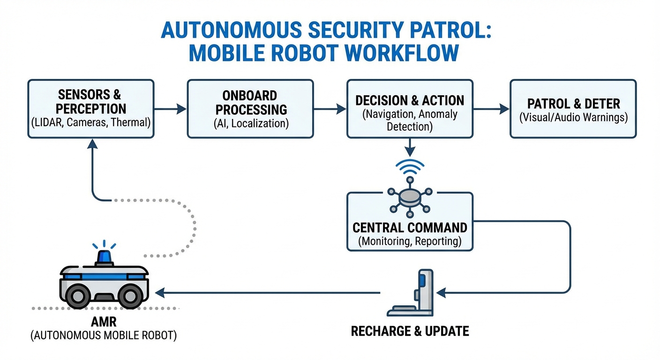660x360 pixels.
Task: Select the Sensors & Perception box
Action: click(90, 109)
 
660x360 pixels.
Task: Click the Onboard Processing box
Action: click(250, 109)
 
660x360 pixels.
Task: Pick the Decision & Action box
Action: click(410, 109)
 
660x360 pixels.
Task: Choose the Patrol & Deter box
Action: click(573, 109)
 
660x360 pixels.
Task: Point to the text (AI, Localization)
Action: click(250, 123)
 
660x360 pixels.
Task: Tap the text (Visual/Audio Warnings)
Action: click(573, 117)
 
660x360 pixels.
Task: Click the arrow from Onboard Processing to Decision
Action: click(330, 109)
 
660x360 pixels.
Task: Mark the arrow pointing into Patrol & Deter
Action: click(491, 109)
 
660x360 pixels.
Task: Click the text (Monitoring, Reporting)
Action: click(410, 242)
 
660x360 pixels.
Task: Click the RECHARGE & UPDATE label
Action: click(410, 331)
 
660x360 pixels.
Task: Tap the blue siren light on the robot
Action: click(104, 257)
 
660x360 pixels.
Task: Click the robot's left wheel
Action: click(76, 296)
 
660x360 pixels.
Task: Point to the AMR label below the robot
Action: click(104, 323)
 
